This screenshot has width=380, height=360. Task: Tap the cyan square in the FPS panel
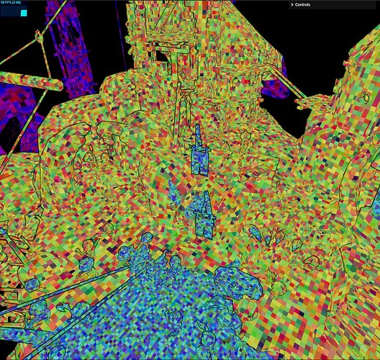24,12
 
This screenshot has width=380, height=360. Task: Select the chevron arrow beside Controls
291,4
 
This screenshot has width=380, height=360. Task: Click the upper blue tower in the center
199,156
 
